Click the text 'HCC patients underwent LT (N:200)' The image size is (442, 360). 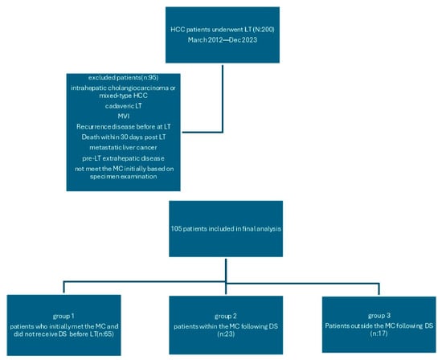pyautogui.click(x=223, y=30)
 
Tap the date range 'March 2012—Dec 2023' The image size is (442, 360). pyautogui.click(x=223, y=39)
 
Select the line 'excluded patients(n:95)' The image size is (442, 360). pyautogui.click(x=123, y=77)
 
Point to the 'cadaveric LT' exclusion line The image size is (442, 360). pyautogui.click(x=123, y=106)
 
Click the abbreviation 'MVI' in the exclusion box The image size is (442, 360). pyautogui.click(x=124, y=117)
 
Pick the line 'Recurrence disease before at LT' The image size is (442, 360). pyautogui.click(x=124, y=127)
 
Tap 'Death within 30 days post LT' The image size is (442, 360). pyautogui.click(x=124, y=137)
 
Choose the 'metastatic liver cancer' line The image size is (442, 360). pyautogui.click(x=123, y=147)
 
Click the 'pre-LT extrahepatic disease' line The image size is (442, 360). pyautogui.click(x=123, y=158)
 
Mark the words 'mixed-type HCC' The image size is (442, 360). pyautogui.click(x=123, y=96)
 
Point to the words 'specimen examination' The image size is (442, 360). pyautogui.click(x=123, y=177)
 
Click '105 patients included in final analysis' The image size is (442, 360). pyautogui.click(x=226, y=229)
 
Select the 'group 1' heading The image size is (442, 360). pyautogui.click(x=63, y=317)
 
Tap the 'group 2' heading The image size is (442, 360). pyautogui.click(x=226, y=317)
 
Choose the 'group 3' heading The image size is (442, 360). pyautogui.click(x=379, y=316)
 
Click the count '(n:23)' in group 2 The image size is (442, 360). pyautogui.click(x=226, y=334)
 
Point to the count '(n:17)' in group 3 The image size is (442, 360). pyautogui.click(x=379, y=333)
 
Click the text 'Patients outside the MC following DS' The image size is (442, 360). pyautogui.click(x=379, y=326)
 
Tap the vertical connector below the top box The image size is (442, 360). pyautogui.click(x=223, y=99)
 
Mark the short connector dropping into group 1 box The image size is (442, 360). pyautogui.click(x=64, y=287)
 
